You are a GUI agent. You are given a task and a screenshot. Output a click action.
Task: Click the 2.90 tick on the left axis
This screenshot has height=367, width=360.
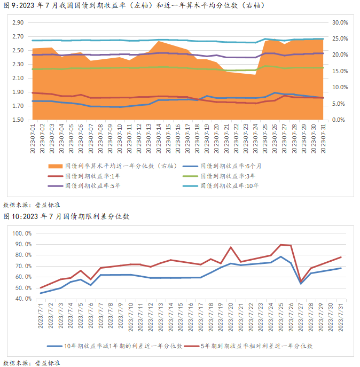point(18,23)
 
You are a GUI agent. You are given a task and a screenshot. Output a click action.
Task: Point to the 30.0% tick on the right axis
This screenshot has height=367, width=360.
point(340,23)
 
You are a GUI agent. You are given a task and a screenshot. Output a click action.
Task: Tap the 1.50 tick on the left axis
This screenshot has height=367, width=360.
point(18,120)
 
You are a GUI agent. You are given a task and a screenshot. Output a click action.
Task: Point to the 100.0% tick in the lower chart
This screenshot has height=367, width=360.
point(23,233)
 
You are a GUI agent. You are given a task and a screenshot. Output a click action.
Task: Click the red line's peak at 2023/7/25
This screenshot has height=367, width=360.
point(281,245)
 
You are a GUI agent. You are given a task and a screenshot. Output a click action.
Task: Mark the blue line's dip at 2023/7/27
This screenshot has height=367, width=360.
point(301,284)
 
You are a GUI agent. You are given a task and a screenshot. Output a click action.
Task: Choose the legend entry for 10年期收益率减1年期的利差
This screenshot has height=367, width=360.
point(122,346)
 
